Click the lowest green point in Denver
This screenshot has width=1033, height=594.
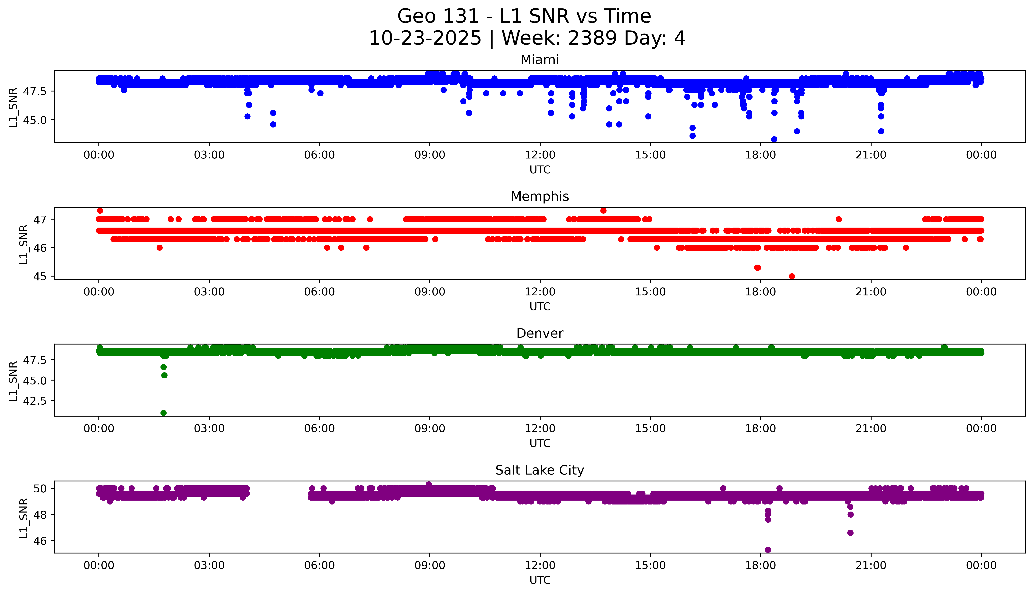[163, 413]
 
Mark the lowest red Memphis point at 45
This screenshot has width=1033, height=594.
[792, 276]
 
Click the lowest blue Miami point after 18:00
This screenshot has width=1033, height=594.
[774, 139]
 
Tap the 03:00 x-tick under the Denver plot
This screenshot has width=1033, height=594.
[209, 428]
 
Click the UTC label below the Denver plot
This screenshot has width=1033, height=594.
[540, 443]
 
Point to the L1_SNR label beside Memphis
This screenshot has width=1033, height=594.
[24, 244]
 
